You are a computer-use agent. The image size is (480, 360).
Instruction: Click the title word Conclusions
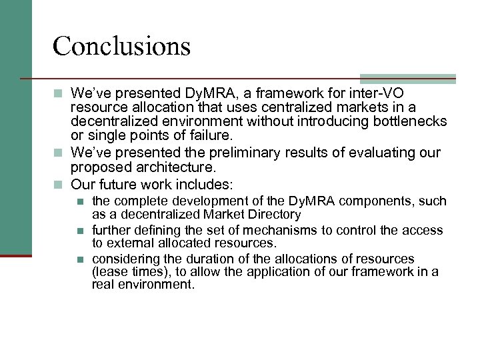tap(121, 46)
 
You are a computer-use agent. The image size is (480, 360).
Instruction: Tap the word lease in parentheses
tap(111, 272)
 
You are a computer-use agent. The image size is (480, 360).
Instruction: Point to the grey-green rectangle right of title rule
tap(407, 79)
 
